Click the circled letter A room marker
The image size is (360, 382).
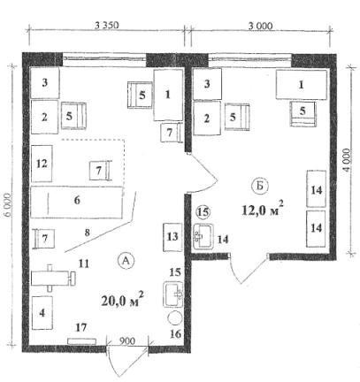(126, 260)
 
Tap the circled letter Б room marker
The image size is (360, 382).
(260, 187)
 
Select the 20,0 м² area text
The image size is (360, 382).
(123, 300)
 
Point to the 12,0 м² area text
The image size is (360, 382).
(263, 209)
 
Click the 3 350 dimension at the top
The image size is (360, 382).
(107, 26)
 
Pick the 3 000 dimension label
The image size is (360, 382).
(260, 27)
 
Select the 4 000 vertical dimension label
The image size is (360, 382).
(347, 161)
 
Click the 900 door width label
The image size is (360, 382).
(127, 341)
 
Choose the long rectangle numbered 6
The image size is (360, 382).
(77, 202)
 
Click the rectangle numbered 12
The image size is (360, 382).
(42, 164)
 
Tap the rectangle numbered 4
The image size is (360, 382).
(42, 313)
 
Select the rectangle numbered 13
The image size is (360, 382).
(172, 237)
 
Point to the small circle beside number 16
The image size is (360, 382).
(175, 317)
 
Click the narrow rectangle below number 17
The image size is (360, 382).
(82, 341)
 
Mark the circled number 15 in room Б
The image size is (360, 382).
(203, 212)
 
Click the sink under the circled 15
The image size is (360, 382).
(203, 236)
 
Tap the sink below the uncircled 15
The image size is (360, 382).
(173, 294)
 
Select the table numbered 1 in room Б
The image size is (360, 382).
(302, 85)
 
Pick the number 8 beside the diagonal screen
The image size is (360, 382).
(87, 233)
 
